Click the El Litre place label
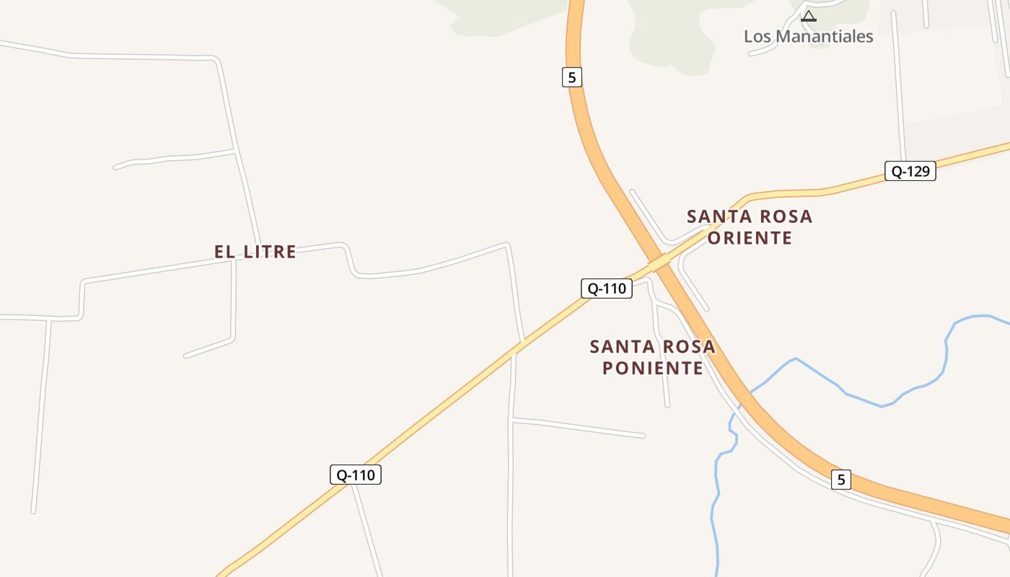pos(255,252)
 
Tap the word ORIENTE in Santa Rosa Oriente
pos(750,238)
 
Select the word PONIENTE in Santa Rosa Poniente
pos(652,368)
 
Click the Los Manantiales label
pos(808,36)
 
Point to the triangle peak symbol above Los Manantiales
pos(809,15)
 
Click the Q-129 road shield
pos(910,171)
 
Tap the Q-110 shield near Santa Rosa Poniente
pos(606,288)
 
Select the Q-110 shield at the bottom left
pos(355,475)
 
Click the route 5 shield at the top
pos(571,77)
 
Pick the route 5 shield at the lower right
pos(840,479)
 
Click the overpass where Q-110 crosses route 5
pos(659,264)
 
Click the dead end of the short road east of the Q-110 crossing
pos(643,436)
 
